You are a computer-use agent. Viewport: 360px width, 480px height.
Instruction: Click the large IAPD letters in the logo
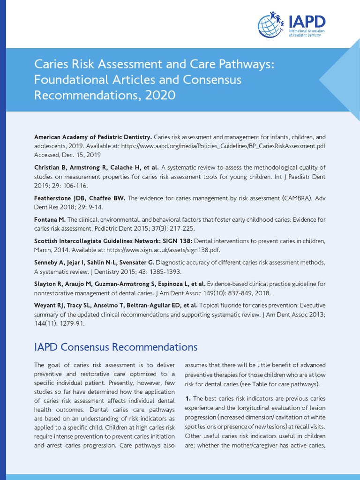305,21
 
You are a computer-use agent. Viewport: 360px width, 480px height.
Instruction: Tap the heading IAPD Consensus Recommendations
116,347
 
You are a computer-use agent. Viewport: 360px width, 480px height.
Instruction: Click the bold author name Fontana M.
50,219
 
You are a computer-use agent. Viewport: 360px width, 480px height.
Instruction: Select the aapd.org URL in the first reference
224,146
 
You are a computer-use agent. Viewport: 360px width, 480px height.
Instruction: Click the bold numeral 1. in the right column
188,398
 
